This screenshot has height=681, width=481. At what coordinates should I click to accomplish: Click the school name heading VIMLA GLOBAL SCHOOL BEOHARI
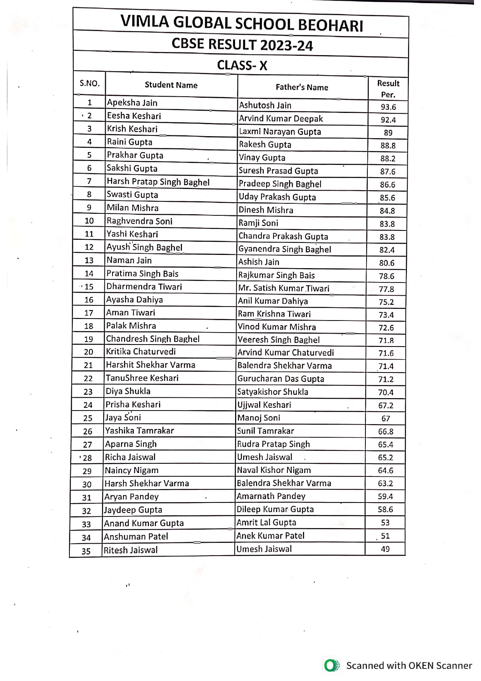pos(242,23)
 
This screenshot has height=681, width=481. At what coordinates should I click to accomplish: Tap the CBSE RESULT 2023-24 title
pos(242,45)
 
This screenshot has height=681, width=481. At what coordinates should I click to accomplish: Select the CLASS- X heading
pos(242,65)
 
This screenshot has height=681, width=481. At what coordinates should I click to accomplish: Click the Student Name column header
pos(171,85)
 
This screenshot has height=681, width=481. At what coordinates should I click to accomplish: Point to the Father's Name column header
pos(302,87)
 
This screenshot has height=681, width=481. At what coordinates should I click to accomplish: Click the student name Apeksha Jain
pos(132,103)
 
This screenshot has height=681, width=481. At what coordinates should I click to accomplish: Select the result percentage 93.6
pos(388,107)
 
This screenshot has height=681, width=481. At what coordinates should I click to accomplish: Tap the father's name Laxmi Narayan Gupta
pos(280,132)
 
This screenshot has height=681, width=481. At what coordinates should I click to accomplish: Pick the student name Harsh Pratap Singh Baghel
pos(158,182)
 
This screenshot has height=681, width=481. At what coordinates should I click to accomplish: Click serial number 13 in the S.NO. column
pos(89,260)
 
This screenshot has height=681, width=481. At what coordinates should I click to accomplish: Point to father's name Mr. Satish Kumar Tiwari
pos(284,288)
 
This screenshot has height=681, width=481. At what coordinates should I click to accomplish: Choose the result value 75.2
pos(386,302)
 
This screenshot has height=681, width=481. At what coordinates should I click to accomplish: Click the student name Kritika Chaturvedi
pos(141,352)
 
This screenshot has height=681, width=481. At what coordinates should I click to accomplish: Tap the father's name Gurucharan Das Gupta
pos(280,379)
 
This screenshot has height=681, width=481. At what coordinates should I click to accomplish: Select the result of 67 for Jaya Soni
pos(386,419)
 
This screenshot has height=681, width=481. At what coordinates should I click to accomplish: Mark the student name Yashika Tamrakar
pos(140,431)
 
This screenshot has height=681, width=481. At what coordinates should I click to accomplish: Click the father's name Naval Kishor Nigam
pos(274,470)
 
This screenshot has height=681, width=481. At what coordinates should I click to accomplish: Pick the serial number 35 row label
pos(86,551)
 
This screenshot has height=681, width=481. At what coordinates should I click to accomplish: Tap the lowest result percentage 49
pos(385,549)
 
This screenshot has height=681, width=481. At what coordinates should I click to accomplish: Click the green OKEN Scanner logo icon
pos(331,665)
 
